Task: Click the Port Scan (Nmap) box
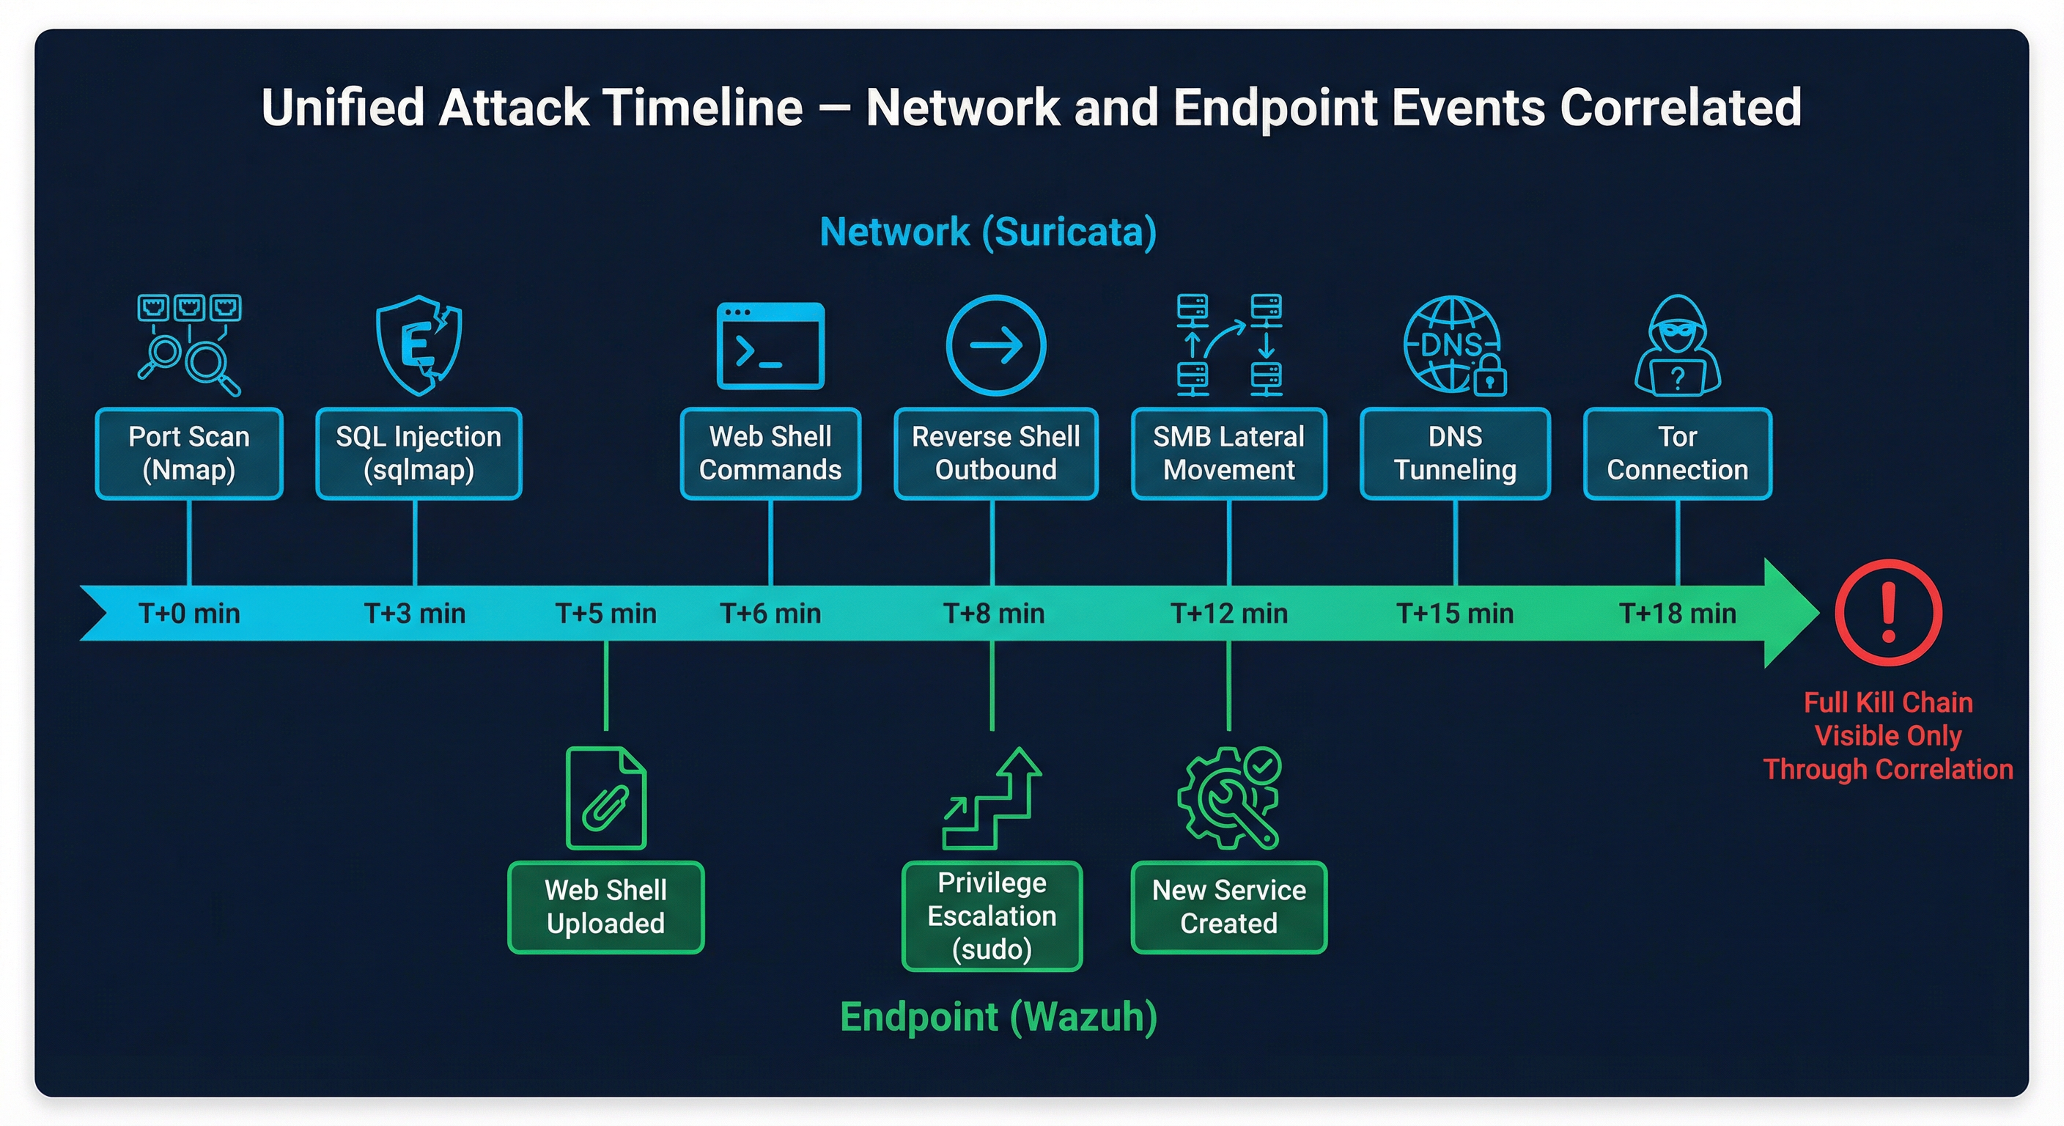189,454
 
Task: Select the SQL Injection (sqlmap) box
419,454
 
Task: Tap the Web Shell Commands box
770,454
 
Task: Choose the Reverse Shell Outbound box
995,454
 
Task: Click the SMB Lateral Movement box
1228,454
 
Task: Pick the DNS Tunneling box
1454,454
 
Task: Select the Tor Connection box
1677,454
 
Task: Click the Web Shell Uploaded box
605,908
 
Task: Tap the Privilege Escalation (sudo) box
992,916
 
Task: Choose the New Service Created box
1228,908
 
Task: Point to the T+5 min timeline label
605,614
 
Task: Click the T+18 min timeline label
1677,614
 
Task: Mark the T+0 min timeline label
189,614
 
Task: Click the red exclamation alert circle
1888,612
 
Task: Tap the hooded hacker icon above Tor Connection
1677,346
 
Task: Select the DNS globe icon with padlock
1454,346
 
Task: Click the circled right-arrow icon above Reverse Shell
995,345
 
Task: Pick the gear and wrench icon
1228,798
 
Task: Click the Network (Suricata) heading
988,232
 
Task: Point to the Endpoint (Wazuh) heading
998,1017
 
